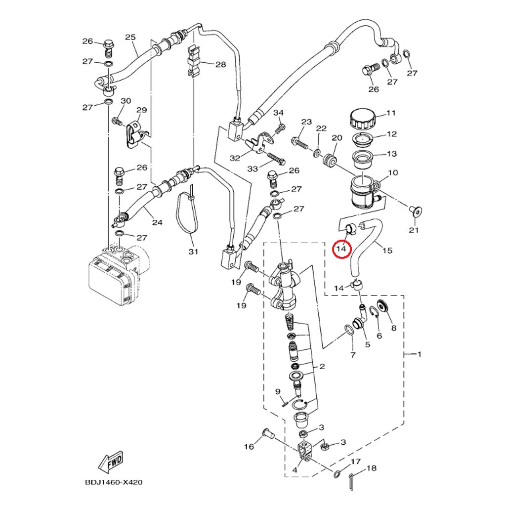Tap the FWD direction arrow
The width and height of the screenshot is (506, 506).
110,463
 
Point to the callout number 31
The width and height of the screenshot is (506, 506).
193,252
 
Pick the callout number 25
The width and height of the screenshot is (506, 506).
130,38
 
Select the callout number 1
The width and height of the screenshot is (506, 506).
420,354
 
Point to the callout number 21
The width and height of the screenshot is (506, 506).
414,230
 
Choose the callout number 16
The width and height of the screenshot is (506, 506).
249,447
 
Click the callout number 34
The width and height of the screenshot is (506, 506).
279,113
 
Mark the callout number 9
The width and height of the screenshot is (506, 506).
278,392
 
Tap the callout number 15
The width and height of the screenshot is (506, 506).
387,251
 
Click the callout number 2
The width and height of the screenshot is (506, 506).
322,366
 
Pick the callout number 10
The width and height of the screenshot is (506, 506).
393,173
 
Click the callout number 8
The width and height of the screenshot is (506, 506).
394,328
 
